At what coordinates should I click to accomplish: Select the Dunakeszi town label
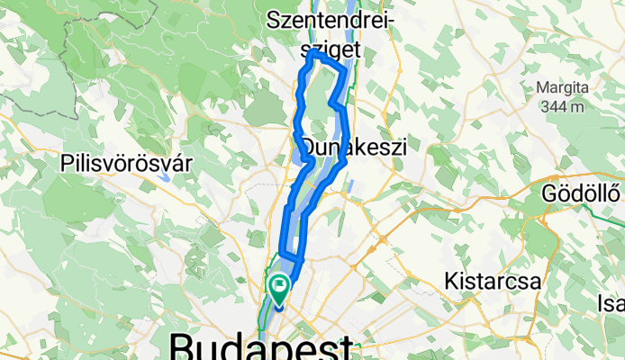(355, 146)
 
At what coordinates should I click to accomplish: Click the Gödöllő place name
(584, 193)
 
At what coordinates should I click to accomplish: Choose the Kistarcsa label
(493, 281)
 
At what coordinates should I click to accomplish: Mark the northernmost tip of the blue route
(312, 53)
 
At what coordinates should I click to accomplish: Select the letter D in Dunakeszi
(308, 146)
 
